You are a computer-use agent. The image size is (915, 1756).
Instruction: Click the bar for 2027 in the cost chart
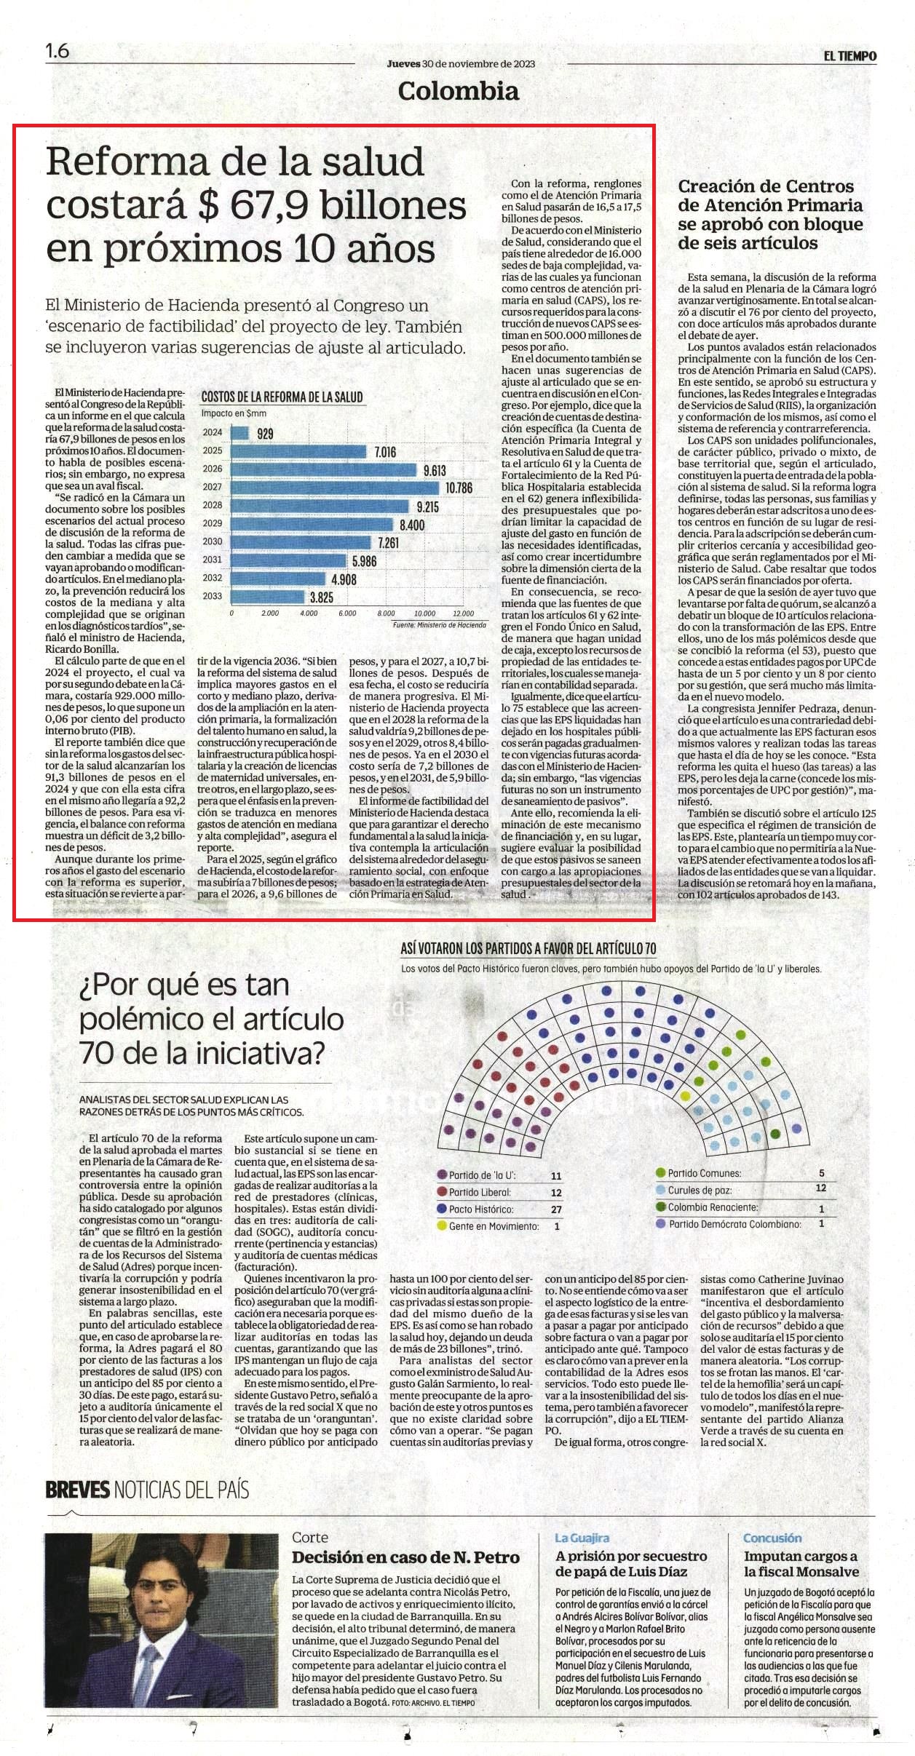[335, 487]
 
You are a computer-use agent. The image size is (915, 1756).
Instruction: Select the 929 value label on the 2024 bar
[266, 434]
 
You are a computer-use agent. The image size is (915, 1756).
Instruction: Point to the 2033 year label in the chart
[213, 596]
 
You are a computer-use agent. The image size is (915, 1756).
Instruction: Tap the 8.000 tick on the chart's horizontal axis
[386, 613]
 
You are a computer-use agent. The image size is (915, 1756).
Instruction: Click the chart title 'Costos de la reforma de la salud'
[282, 397]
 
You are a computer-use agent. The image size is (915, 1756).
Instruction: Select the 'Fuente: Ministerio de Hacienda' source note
[439, 625]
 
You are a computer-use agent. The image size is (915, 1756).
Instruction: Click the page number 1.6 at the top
[57, 51]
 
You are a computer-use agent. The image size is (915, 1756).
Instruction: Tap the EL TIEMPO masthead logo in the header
[850, 56]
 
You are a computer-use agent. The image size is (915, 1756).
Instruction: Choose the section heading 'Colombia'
[459, 91]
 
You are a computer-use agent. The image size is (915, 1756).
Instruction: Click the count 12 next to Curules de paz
[821, 1188]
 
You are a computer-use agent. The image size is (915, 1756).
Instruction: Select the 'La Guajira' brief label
[582, 1538]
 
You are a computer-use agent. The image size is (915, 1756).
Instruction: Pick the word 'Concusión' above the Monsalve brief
[772, 1538]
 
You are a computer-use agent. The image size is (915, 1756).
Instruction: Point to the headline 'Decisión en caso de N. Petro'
[405, 1557]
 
